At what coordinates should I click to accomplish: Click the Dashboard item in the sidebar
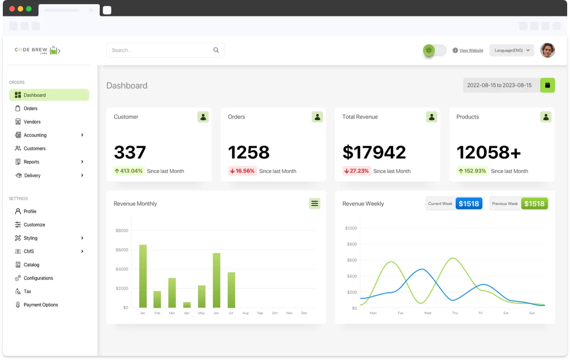[x=49, y=95]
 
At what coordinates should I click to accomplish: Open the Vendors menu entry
[x=32, y=122]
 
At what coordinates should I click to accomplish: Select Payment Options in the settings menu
[x=40, y=305]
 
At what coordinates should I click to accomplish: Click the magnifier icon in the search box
[x=216, y=50]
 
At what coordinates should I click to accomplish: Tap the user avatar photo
[x=547, y=50]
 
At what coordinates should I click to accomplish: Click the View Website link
[x=471, y=50]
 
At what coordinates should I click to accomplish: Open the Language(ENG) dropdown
[x=512, y=50]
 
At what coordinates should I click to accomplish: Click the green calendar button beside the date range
[x=547, y=85]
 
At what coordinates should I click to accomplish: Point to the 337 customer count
[x=130, y=152]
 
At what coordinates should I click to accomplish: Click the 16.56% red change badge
[x=242, y=171]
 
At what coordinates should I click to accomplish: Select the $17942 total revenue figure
[x=374, y=152]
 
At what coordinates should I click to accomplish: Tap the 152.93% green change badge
[x=472, y=171]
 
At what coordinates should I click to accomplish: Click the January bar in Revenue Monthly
[x=143, y=276]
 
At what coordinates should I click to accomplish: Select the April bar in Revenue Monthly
[x=187, y=305]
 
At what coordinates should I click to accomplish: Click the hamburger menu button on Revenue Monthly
[x=315, y=203]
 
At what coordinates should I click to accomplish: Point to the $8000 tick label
[x=122, y=231]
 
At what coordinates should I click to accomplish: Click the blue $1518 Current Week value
[x=468, y=203]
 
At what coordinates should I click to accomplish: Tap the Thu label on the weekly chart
[x=455, y=313]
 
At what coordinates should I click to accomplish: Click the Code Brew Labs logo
[x=38, y=50]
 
